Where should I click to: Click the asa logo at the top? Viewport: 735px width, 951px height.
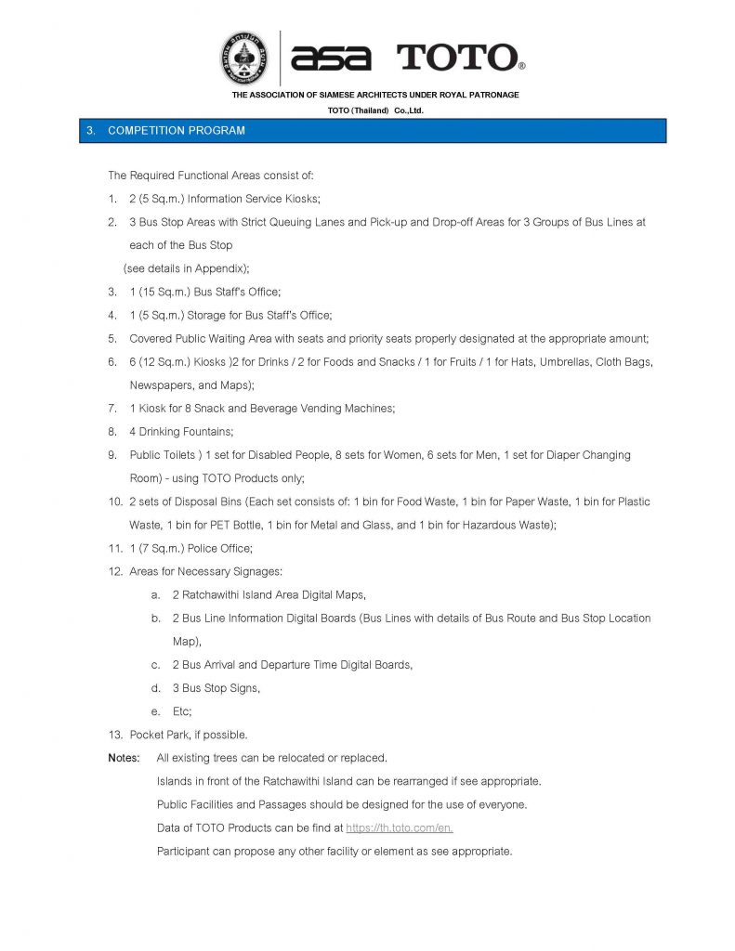pos(331,59)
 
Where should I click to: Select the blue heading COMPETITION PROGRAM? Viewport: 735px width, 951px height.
pos(177,131)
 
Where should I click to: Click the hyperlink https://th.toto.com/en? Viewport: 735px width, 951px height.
pos(399,827)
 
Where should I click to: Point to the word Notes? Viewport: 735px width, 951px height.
pos(124,758)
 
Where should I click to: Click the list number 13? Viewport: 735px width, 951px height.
pos(115,735)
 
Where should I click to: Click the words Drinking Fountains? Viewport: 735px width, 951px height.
pos(186,431)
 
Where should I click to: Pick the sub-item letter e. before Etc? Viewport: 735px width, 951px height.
pos(155,711)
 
